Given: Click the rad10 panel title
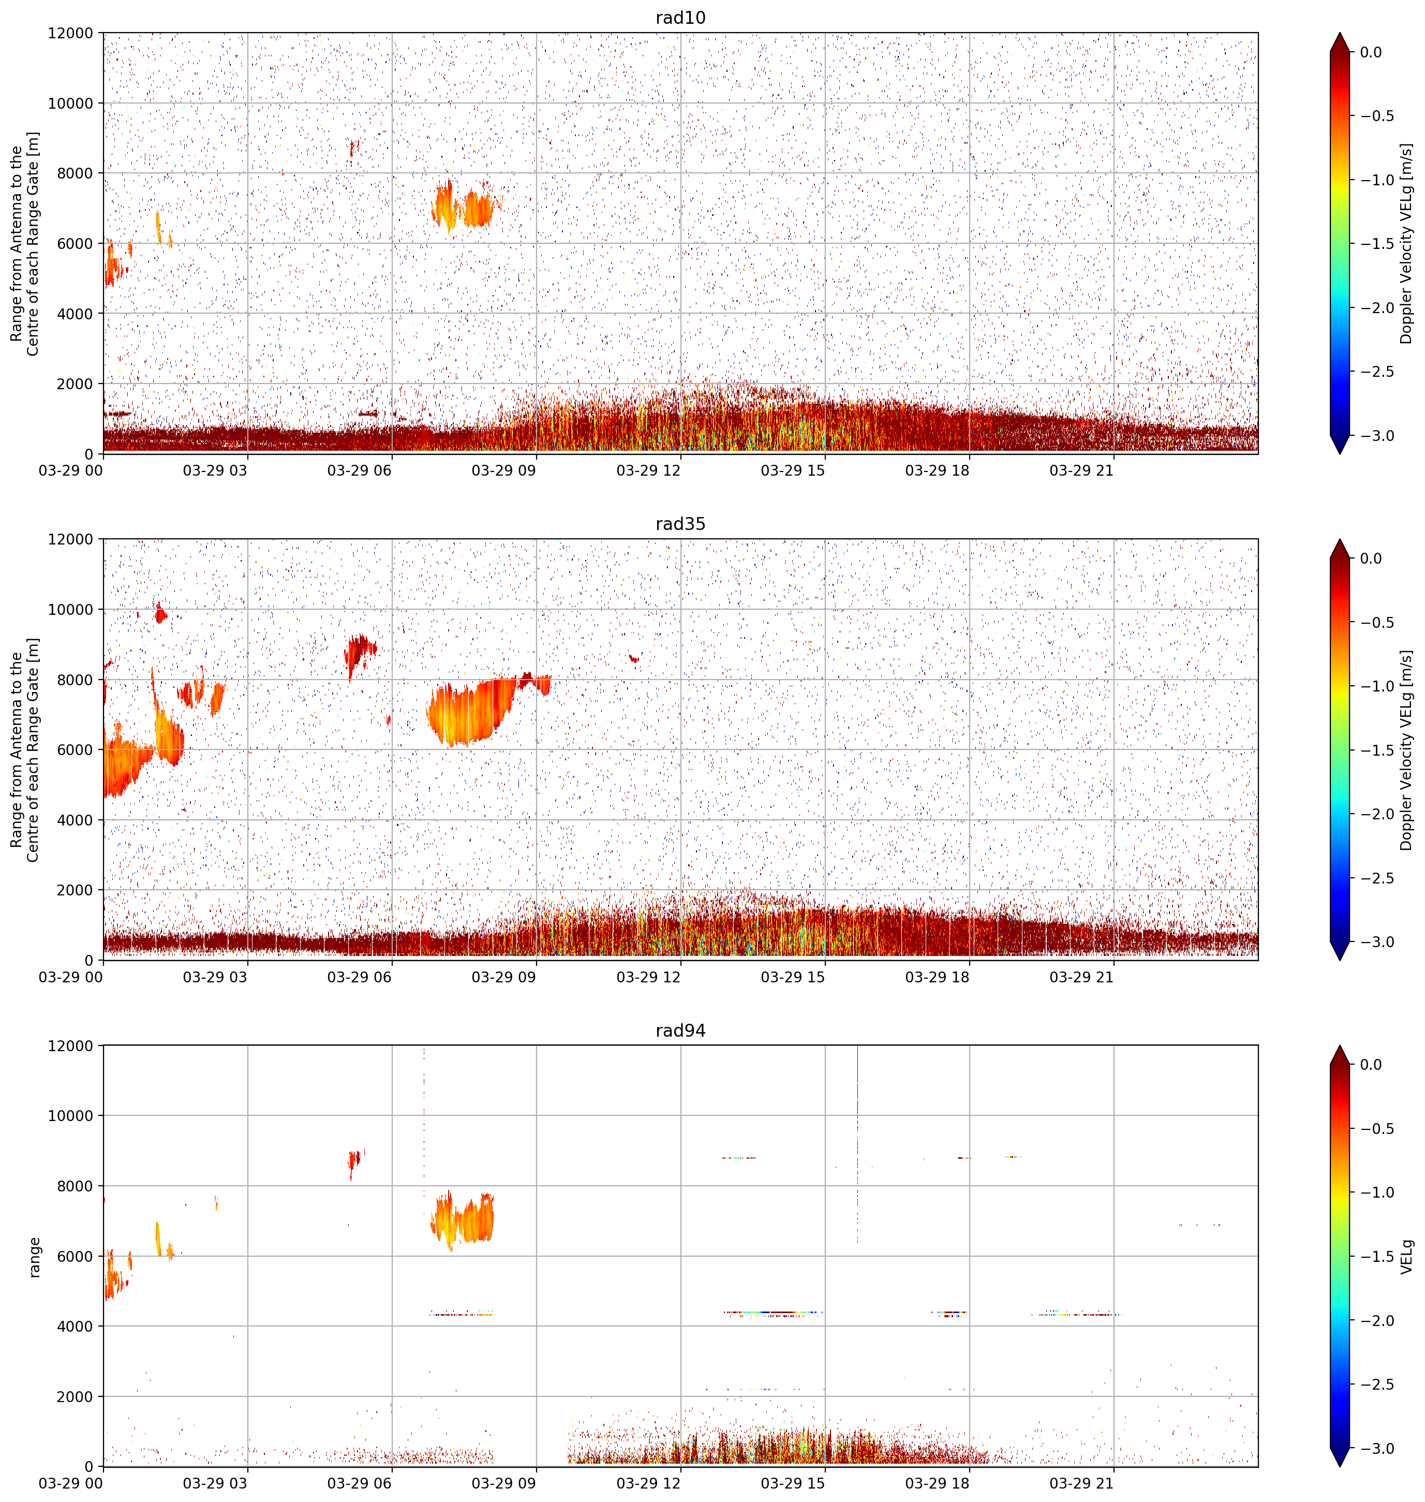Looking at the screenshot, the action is (680, 18).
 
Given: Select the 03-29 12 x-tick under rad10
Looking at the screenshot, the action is (648, 470).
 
